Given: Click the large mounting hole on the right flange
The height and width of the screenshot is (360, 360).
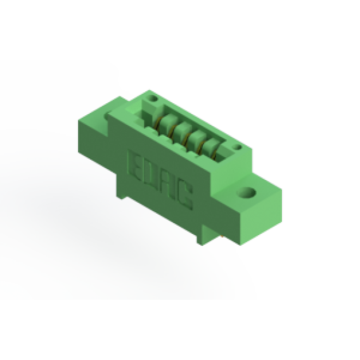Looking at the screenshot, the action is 247,193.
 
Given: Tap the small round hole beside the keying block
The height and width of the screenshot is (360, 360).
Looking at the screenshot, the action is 153,99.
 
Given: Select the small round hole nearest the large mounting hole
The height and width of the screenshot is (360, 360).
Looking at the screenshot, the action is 238,147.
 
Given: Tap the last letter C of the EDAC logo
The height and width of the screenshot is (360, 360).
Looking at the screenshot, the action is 185,195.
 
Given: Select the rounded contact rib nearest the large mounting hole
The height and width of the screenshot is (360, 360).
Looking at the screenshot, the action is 211,146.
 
